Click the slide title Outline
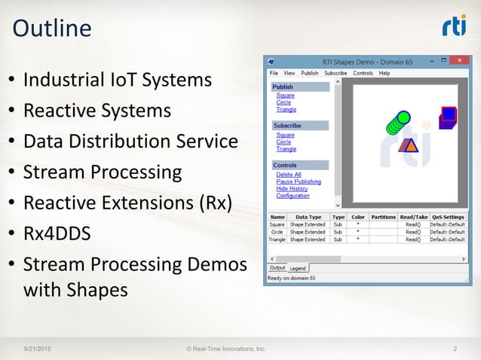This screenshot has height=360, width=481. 52,29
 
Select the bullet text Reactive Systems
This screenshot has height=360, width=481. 97,111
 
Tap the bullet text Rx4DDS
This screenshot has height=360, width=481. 57,233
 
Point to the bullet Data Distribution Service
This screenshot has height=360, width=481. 130,142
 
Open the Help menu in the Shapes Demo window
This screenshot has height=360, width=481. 384,73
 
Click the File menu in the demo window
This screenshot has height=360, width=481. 274,73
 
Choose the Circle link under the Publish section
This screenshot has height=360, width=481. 283,102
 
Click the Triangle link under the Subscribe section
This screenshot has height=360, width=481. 286,149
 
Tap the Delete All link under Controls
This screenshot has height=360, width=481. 289,175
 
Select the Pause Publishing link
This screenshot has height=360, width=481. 299,182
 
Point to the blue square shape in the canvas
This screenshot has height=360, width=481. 449,114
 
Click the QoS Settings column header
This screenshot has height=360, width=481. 447,217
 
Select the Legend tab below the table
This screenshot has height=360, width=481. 299,268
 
